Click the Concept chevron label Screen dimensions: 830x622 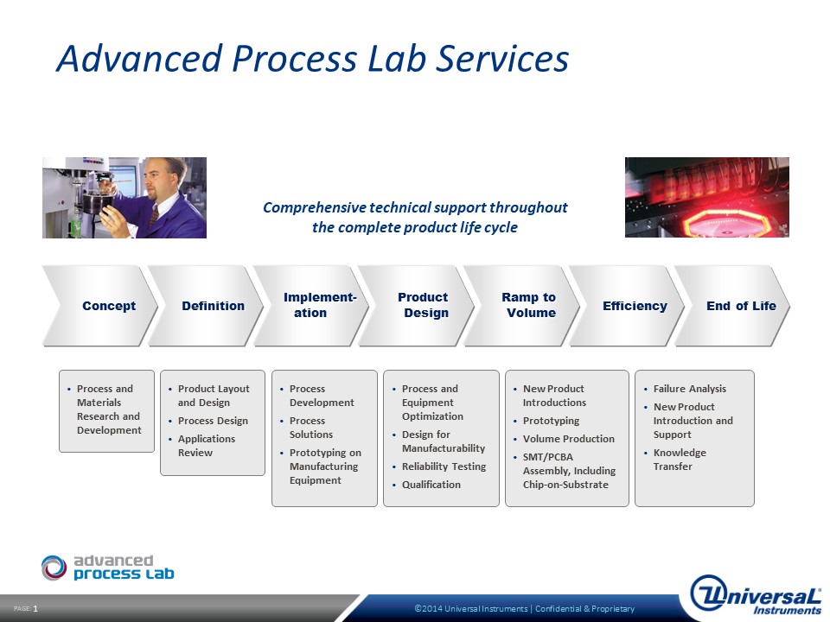(x=109, y=306)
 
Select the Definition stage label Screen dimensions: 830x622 (x=214, y=306)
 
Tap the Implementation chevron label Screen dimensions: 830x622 (x=320, y=305)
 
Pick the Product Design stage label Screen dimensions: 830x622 (x=423, y=305)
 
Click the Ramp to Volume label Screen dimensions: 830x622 (x=529, y=305)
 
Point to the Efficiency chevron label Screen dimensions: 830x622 (x=635, y=306)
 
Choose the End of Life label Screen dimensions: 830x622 (x=741, y=306)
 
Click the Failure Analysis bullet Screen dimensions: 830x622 (x=689, y=389)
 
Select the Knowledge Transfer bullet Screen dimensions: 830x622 (x=680, y=460)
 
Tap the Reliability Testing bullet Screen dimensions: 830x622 (x=444, y=466)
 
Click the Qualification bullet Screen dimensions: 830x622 (x=431, y=485)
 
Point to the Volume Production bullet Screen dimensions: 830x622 (x=569, y=439)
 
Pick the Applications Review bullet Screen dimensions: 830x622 (x=207, y=446)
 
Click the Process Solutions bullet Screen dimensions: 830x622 (x=310, y=428)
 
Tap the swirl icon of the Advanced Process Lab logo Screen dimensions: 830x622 (x=54, y=568)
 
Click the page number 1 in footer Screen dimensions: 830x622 (x=35, y=609)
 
